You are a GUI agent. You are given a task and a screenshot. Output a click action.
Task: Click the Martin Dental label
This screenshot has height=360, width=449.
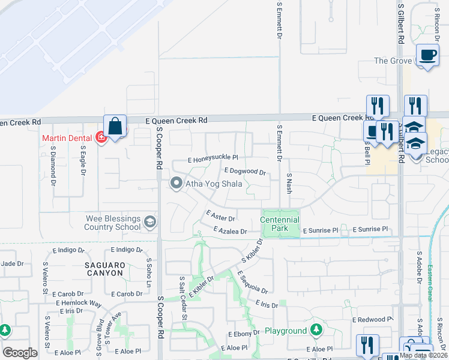coord(66,138)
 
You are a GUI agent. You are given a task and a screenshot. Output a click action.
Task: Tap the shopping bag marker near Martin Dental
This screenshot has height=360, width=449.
coord(115,127)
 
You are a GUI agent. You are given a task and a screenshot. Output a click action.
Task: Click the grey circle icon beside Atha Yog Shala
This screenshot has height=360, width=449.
coord(176,184)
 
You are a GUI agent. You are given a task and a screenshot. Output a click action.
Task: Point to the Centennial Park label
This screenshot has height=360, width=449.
coord(280,224)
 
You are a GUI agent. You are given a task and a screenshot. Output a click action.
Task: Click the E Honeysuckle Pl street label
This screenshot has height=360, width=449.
coord(212,160)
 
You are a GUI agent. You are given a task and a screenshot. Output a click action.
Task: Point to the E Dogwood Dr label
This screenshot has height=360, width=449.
coord(245,171)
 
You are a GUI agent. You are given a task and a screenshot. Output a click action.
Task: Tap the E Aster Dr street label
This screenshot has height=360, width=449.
coord(220,216)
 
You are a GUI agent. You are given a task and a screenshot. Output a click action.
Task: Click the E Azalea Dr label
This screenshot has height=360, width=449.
coord(230,231)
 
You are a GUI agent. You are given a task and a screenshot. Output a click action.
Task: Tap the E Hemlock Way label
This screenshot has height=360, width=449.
coord(79,303)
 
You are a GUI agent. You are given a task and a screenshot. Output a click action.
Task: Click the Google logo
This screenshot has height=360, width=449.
coord(20,352)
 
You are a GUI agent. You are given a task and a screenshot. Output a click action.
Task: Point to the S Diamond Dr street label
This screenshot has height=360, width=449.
coord(53,164)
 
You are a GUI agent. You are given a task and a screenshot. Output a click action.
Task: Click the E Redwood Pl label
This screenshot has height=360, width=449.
coord(372,320)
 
